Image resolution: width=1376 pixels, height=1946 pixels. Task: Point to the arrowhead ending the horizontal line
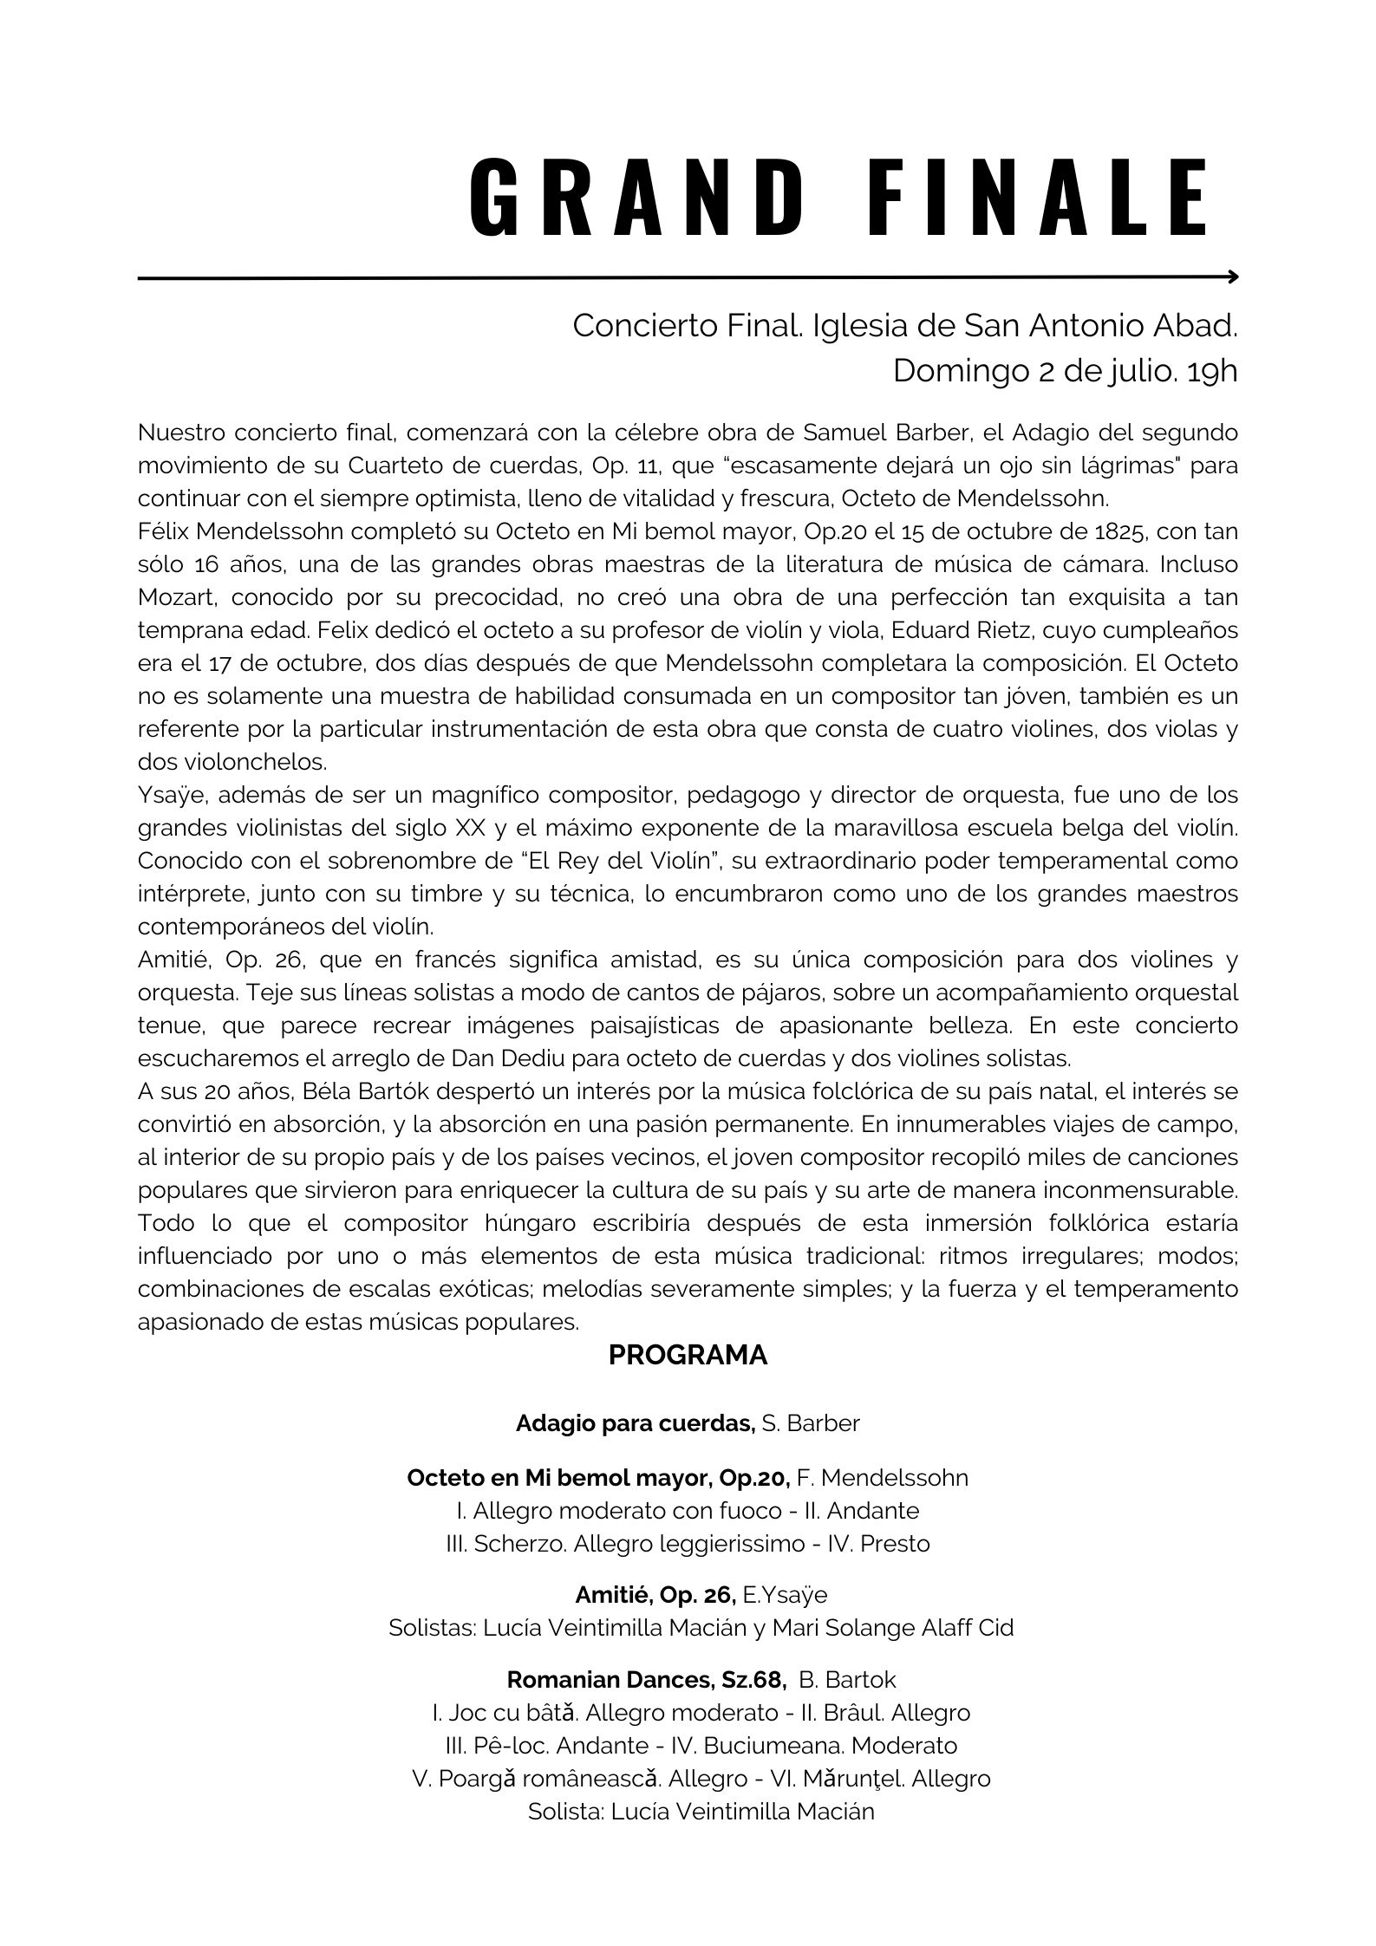click(x=1233, y=277)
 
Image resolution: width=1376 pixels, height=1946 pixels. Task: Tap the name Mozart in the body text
click(x=177, y=597)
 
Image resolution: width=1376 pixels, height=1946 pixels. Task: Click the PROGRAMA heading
click(x=688, y=1356)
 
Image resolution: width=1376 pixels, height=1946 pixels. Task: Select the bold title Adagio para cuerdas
click(x=635, y=1423)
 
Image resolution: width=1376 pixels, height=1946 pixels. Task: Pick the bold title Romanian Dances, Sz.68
click(x=646, y=1680)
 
